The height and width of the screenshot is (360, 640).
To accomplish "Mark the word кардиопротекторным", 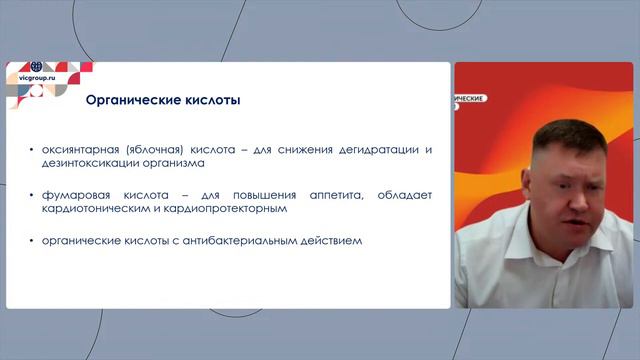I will click(x=231, y=210).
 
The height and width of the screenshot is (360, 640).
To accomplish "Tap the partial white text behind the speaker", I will click(x=467, y=99).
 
